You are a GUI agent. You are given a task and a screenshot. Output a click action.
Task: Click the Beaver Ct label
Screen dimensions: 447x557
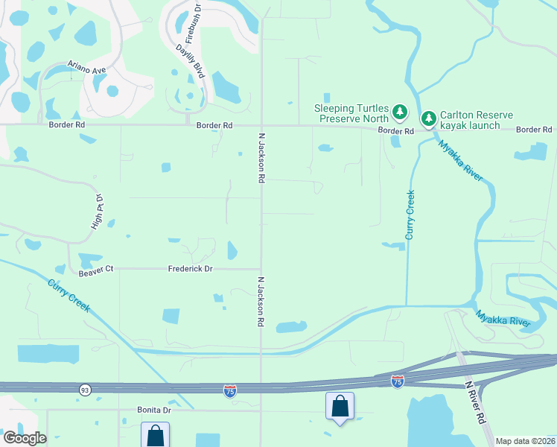95,269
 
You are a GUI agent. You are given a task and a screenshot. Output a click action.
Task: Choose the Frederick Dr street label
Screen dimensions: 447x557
191,269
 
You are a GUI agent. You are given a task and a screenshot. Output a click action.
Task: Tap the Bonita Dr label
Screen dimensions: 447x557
154,410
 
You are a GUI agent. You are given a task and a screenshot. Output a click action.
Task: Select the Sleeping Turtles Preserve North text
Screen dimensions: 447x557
352,112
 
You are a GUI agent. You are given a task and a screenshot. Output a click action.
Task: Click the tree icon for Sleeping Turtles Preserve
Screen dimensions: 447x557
401,112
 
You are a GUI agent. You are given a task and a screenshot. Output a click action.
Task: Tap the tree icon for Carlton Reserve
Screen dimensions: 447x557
429,118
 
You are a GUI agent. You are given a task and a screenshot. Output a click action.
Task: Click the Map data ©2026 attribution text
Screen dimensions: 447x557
525,440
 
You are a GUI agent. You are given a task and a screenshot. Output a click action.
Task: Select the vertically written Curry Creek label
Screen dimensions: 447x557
410,215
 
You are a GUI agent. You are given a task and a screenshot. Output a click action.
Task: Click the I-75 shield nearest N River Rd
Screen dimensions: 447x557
398,381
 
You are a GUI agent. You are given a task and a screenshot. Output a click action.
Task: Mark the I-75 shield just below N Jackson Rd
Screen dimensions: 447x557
230,391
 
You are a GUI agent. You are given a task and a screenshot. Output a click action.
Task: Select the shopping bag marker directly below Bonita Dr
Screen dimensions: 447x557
155,434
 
